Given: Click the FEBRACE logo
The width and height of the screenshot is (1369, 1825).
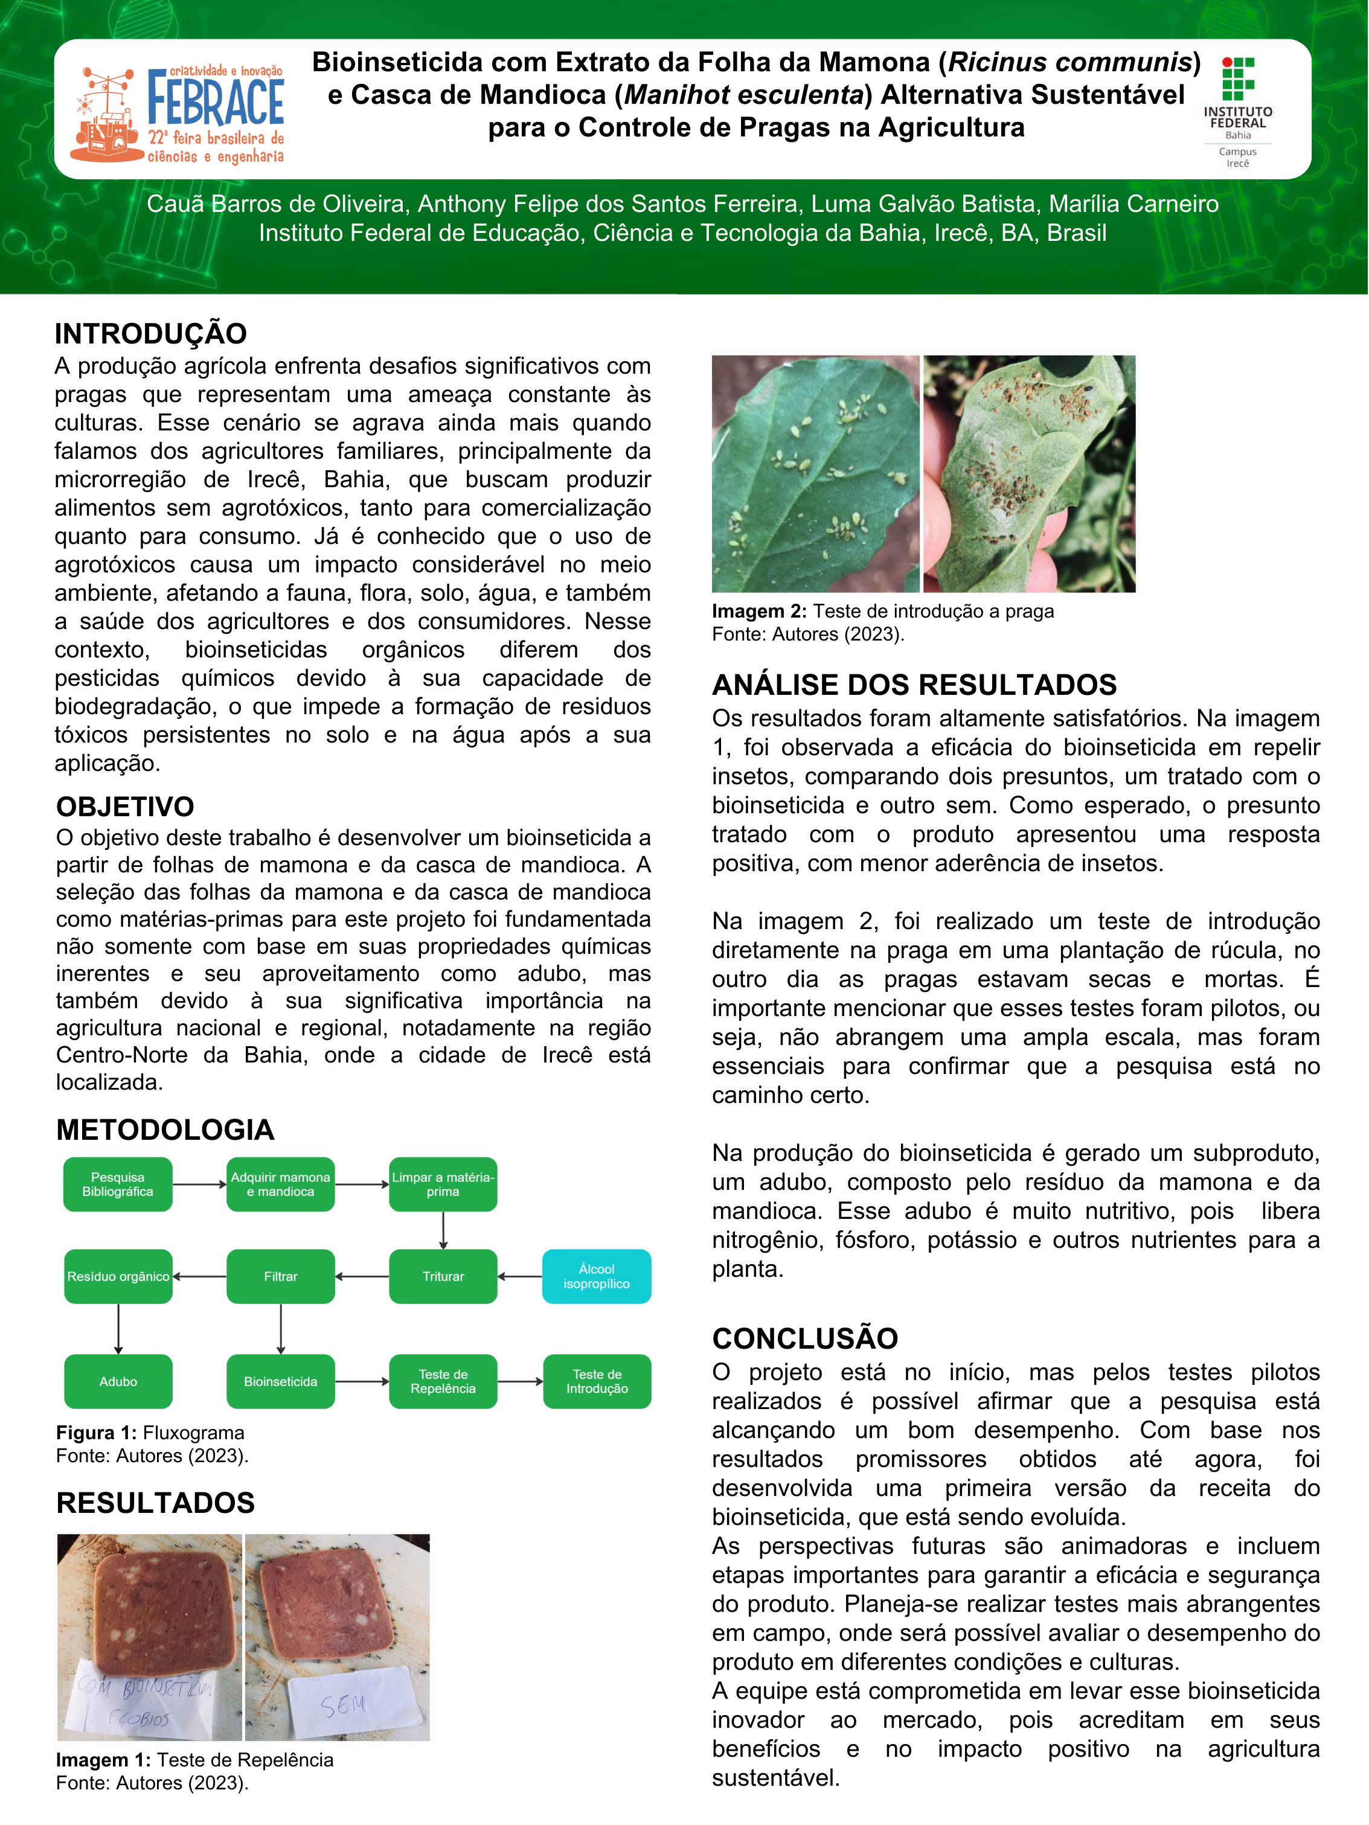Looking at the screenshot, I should coord(178,114).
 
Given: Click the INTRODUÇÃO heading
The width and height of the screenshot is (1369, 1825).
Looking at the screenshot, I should coord(151,333).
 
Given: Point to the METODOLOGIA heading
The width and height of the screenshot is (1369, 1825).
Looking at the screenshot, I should coord(165,1130).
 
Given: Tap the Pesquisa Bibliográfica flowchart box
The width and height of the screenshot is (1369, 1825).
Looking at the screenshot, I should coord(118,1184).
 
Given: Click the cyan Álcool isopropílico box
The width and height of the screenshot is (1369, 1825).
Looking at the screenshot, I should coord(596,1276).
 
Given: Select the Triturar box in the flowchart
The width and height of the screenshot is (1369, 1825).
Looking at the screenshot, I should coord(443,1276).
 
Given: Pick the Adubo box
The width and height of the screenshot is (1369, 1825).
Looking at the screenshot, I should coord(118,1381).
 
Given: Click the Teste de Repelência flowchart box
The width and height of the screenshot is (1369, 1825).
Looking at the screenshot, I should coord(443,1381).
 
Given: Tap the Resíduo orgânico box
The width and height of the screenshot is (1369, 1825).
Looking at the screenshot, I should coord(118,1276).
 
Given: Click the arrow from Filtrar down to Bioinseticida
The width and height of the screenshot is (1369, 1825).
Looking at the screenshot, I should coord(281,1328).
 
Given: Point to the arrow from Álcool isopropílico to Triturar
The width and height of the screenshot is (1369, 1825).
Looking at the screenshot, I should coord(520,1276).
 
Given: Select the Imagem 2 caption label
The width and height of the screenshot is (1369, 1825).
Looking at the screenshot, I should coord(759,612).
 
